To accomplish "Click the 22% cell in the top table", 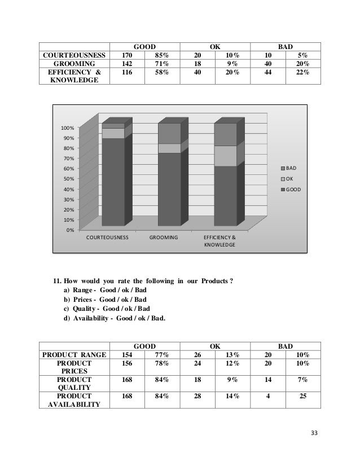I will tap(303, 73).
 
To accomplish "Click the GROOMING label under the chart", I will tap(164, 238).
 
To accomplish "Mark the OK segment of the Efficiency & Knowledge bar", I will tap(225, 156).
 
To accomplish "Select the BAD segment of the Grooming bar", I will tap(169, 133).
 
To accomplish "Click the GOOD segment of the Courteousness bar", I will tap(113, 181).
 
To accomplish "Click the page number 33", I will tap(314, 433).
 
